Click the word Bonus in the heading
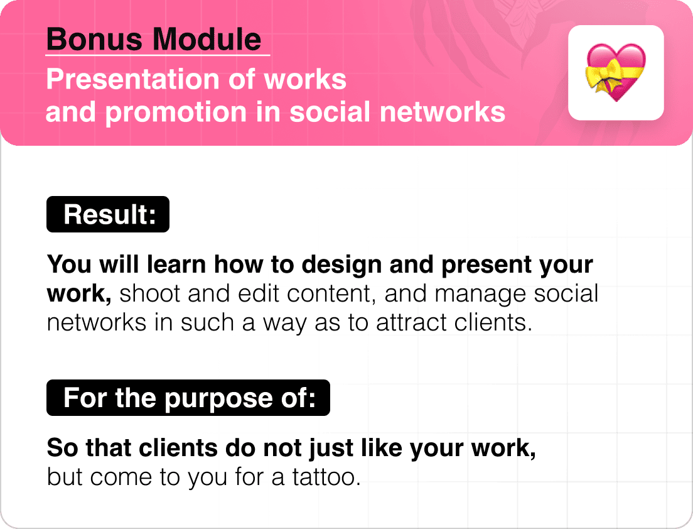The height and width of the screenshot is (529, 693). click(95, 39)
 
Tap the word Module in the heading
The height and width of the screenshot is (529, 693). click(207, 39)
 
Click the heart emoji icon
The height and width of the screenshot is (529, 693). click(616, 72)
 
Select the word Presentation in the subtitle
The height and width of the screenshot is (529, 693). click(133, 80)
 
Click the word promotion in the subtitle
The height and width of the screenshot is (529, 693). click(176, 113)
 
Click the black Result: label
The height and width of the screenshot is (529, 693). click(108, 214)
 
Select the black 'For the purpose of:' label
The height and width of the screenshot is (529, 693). click(188, 398)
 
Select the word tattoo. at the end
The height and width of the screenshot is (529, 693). click(326, 477)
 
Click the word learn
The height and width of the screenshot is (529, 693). click(176, 264)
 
